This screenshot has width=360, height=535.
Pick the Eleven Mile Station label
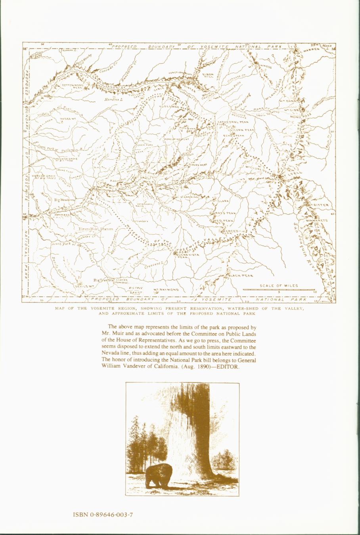coord(96,229)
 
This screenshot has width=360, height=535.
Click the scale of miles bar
coord(279,290)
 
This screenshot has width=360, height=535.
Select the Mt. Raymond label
coord(166,290)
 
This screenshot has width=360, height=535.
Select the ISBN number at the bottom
coord(103,515)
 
